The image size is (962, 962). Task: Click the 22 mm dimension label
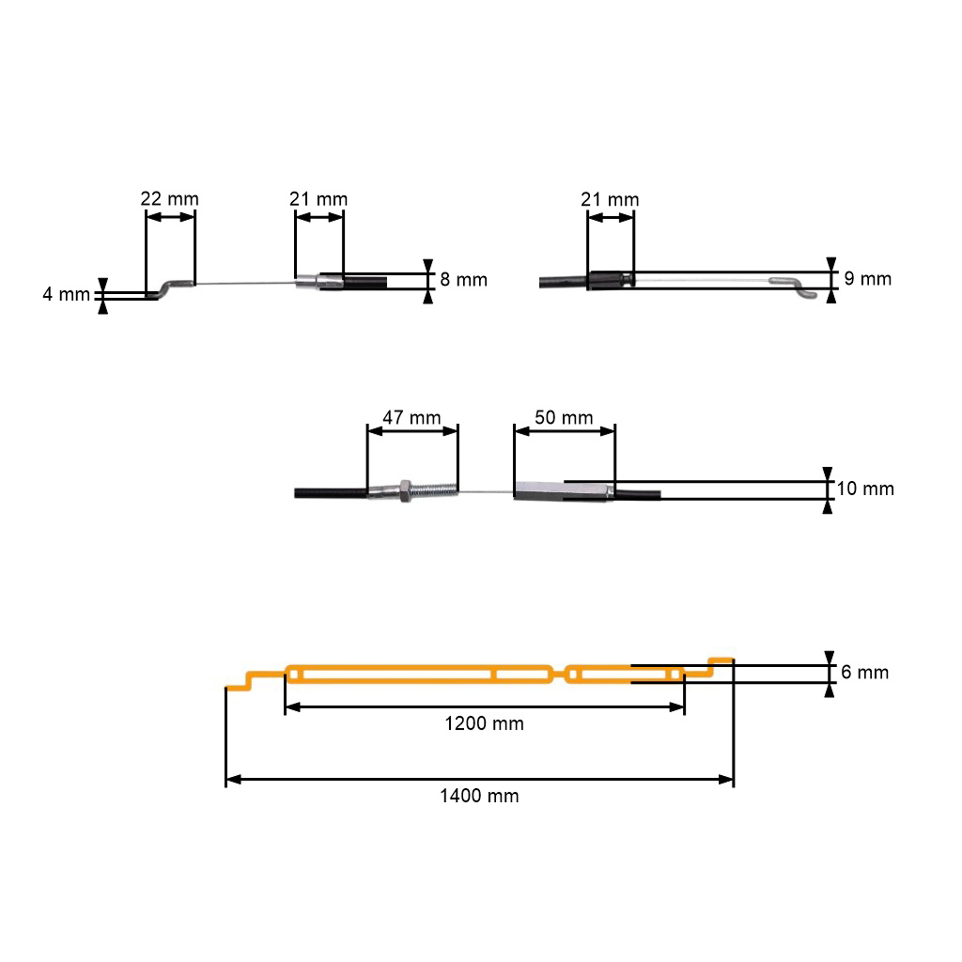tap(169, 199)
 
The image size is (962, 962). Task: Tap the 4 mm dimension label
tap(66, 294)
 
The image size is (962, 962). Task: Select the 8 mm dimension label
tap(464, 280)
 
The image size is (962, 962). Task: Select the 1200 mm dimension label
tap(484, 723)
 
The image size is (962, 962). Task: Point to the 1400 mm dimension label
tap(479, 796)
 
